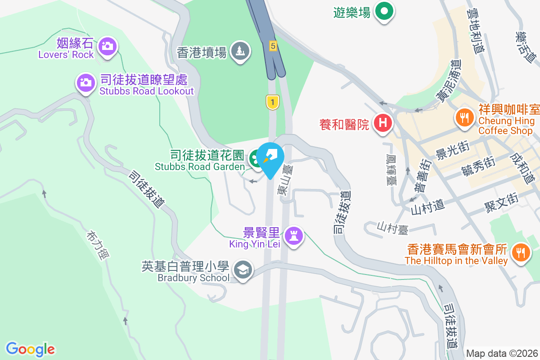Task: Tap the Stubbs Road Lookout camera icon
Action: [85, 82]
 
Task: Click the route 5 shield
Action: [273, 45]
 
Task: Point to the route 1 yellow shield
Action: [272, 102]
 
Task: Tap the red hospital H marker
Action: [383, 122]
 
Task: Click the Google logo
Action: [31, 349]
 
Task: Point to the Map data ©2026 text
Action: [502, 354]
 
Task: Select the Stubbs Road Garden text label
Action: [200, 166]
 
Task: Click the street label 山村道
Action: [427, 207]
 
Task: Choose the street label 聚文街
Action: [501, 202]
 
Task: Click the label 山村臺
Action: [392, 228]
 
